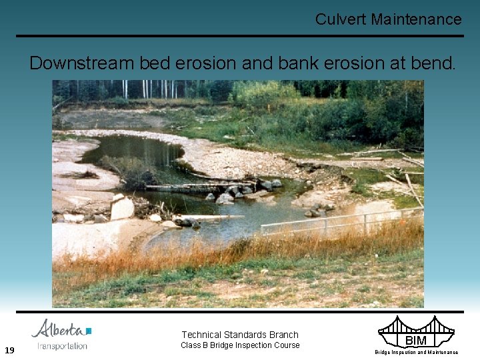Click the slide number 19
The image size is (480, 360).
point(10,350)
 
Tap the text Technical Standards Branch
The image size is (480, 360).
point(240,335)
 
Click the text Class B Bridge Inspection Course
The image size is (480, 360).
point(240,345)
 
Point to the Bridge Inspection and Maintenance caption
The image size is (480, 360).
point(416,352)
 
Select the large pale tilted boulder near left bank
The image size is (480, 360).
point(123,208)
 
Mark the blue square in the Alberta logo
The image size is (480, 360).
point(89,331)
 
